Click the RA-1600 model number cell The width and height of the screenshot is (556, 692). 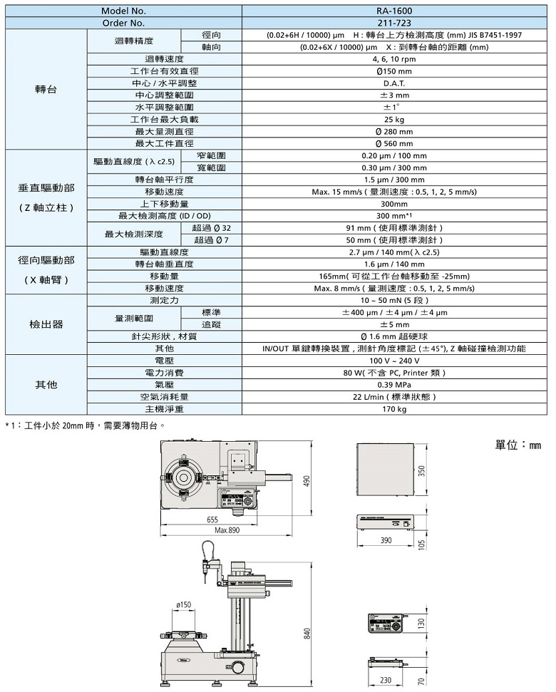click(394, 11)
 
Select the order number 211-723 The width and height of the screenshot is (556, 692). click(394, 23)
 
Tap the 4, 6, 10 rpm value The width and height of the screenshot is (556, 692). click(394, 59)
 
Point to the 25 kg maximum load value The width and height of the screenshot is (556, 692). click(394, 120)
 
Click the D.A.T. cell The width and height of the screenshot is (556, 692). click(394, 83)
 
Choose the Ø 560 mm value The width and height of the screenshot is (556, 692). click(394, 143)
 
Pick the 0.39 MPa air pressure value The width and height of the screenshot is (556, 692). click(394, 385)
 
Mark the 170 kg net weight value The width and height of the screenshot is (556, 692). click(394, 409)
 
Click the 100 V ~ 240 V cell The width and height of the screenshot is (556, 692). click(394, 361)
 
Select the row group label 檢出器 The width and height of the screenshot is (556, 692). click(46, 324)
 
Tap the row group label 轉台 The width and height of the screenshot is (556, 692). click(46, 89)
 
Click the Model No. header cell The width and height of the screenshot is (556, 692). click(123, 11)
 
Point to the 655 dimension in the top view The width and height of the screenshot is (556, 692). click(212, 520)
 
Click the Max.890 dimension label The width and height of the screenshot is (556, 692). click(227, 530)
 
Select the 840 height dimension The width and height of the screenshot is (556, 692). click(307, 634)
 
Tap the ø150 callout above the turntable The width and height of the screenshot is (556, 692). click(184, 604)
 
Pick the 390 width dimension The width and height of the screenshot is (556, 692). click(386, 540)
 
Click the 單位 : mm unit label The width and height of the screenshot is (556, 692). click(518, 445)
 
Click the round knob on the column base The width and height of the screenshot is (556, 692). click(238, 667)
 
